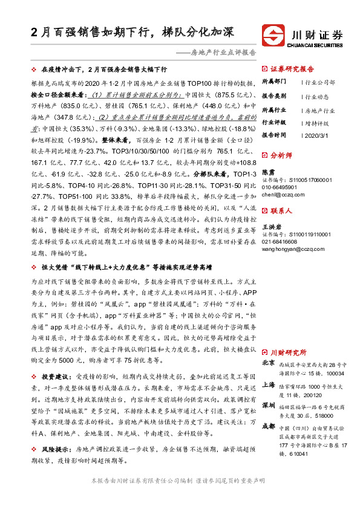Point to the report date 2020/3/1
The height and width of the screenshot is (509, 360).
click(317, 135)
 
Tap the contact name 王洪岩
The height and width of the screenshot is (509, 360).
click(272, 226)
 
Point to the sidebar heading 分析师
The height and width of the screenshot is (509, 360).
click(281, 156)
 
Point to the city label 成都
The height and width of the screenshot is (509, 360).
click(269, 426)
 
